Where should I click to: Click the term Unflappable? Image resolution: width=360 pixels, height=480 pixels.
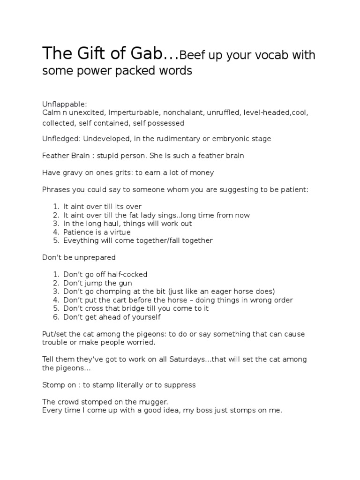coord(64,104)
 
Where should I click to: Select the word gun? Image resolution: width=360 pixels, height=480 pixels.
coord(124,283)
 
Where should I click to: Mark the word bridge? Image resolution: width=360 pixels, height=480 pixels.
coord(135,308)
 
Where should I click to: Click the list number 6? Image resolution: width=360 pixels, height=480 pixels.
coord(55,317)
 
